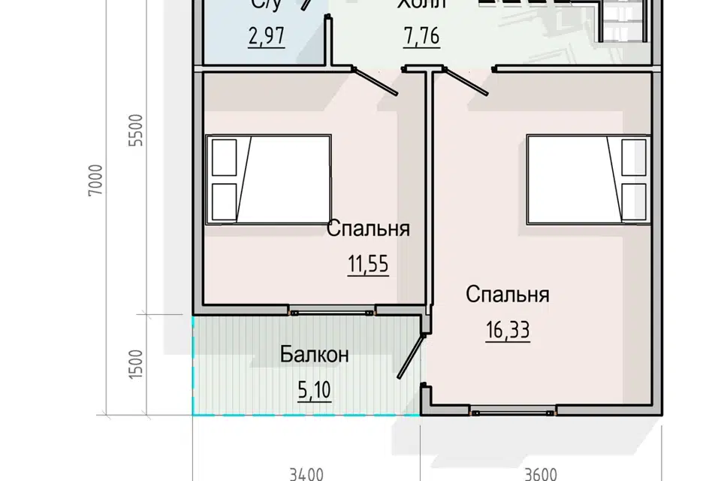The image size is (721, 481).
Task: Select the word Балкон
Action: (314, 354)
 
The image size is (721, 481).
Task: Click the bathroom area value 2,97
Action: (266, 37)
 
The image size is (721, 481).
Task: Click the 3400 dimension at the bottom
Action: (306, 473)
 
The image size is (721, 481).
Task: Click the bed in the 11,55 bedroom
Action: (269, 179)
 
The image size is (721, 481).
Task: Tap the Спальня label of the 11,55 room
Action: (368, 228)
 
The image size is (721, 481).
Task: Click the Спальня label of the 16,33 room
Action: (508, 294)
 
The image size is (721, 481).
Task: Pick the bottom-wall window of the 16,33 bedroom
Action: (514, 410)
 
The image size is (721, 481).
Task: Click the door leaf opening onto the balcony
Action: (409, 358)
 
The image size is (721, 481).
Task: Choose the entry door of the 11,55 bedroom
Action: (376, 82)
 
